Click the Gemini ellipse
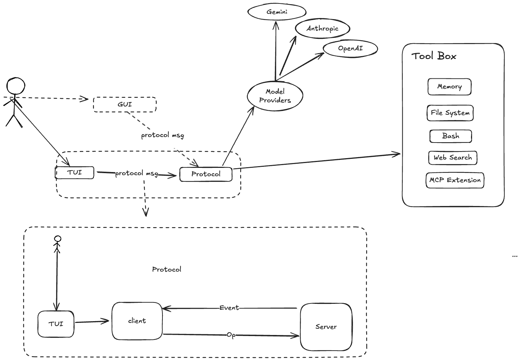(x=277, y=12)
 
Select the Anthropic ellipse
(x=322, y=29)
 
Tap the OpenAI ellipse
(x=350, y=49)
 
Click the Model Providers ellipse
(x=275, y=96)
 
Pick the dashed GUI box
(x=125, y=104)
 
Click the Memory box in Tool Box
(x=449, y=87)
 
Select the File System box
(x=450, y=113)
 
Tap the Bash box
(x=451, y=136)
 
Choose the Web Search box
(x=453, y=158)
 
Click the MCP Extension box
(x=455, y=180)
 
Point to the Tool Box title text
(x=434, y=56)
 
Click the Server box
(x=326, y=327)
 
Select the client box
(x=137, y=321)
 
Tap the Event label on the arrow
(x=229, y=308)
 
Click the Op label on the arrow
(x=231, y=335)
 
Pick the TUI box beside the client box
(x=56, y=324)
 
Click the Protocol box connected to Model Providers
(x=205, y=174)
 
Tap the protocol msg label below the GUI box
(x=162, y=135)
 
